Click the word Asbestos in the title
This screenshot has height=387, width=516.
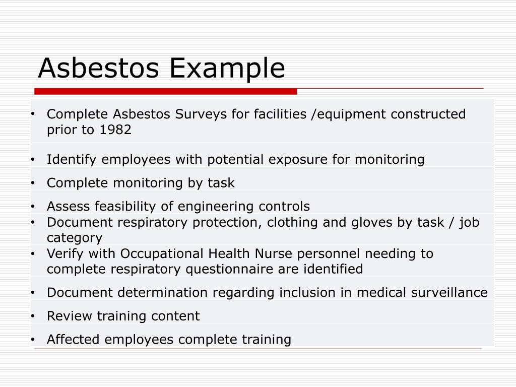pos(99,68)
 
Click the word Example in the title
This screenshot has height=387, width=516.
pos(227,69)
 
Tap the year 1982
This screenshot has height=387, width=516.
pos(115,130)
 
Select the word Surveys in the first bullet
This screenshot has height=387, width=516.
pos(201,114)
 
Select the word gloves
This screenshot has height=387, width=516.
pos(370,222)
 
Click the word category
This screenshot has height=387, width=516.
pos(75,238)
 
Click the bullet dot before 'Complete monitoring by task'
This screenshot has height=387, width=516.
pos(32,183)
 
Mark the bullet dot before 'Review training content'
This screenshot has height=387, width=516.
pos(32,316)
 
